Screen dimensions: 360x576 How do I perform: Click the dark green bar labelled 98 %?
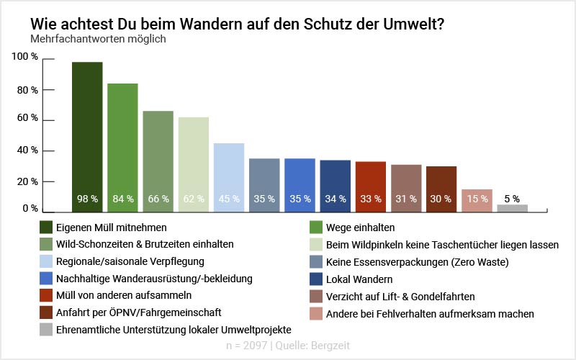(x=87, y=137)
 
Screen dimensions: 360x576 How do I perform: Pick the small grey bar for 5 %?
(x=513, y=208)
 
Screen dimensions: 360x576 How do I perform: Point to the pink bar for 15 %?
(x=477, y=201)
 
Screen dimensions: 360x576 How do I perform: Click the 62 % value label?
(x=194, y=199)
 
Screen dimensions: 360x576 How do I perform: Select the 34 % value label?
(x=335, y=199)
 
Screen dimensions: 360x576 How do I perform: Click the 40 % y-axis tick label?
(x=26, y=150)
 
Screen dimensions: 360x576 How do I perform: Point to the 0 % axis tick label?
(x=30, y=209)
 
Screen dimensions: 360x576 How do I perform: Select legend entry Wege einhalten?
(x=360, y=227)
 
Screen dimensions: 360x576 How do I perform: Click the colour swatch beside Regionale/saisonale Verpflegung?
(x=48, y=261)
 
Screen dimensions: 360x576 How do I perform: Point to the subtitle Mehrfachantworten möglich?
(x=98, y=39)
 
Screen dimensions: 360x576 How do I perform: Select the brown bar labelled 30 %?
(x=441, y=189)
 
